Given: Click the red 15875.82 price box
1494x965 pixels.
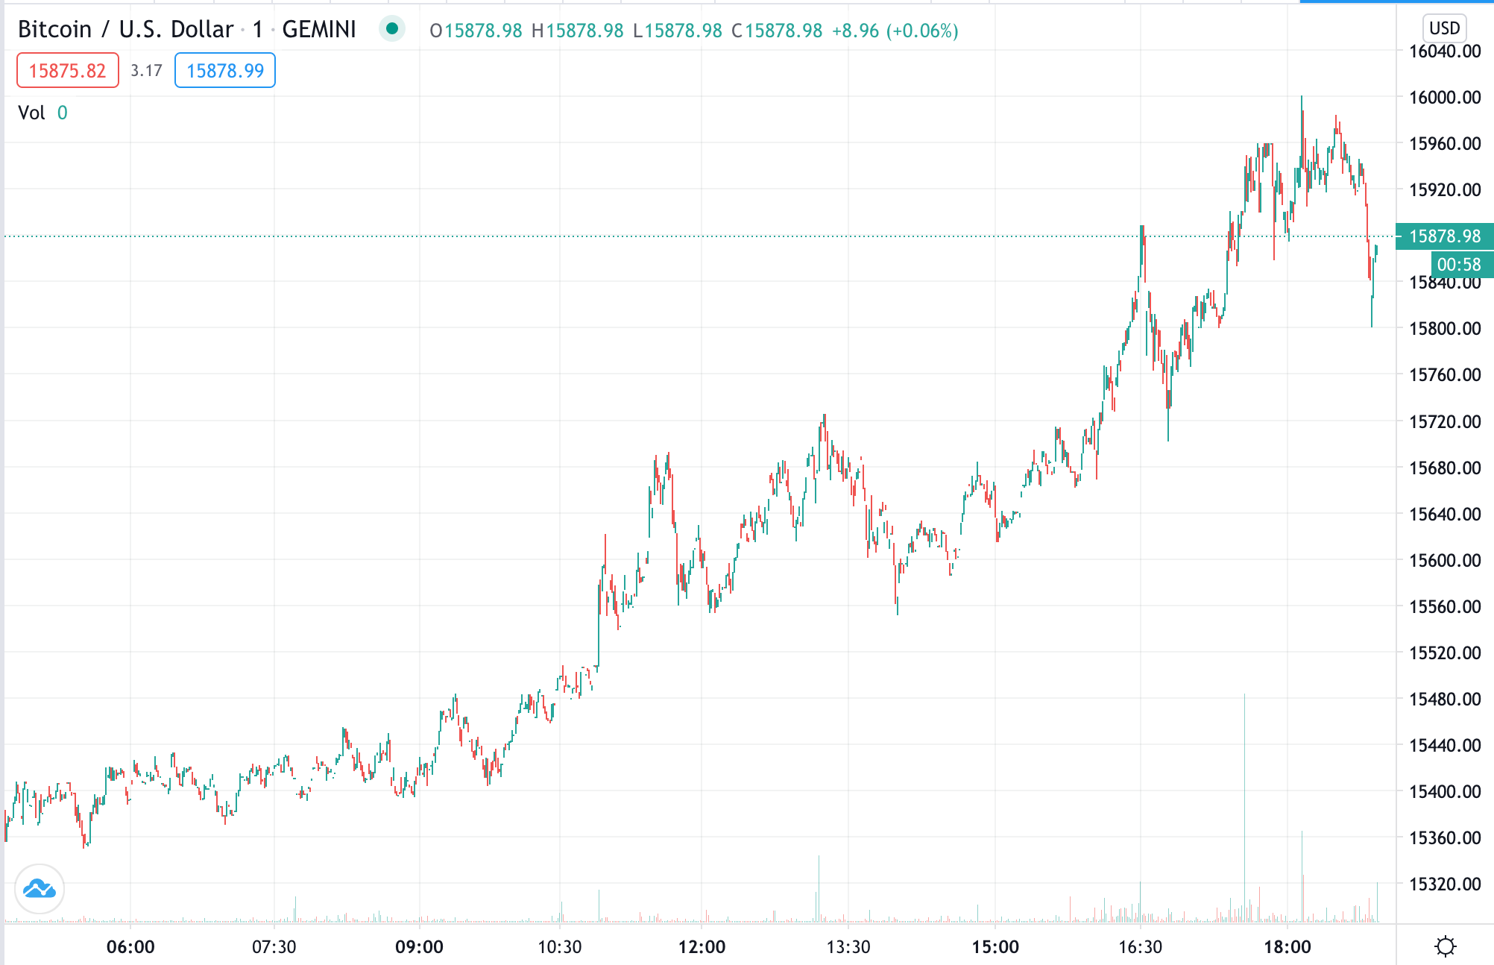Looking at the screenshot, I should pyautogui.click(x=67, y=71).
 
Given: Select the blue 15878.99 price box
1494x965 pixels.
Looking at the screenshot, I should pyautogui.click(x=224, y=71).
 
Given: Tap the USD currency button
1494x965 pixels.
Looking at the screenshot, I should pyautogui.click(x=1444, y=28).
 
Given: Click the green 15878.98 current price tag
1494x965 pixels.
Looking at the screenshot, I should pyautogui.click(x=1444, y=236).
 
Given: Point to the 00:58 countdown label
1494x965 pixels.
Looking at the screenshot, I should pyautogui.click(x=1459, y=265).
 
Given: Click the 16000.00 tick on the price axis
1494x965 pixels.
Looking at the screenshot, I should pyautogui.click(x=1444, y=97).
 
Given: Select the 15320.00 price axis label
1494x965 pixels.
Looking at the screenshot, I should pyautogui.click(x=1444, y=884).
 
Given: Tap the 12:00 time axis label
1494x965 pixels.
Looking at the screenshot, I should pyautogui.click(x=702, y=947).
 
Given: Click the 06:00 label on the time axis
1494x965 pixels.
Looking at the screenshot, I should pyautogui.click(x=130, y=947).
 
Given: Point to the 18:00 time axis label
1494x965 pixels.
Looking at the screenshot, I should pyautogui.click(x=1287, y=947).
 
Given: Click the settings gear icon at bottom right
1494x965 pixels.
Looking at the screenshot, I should pyautogui.click(x=1445, y=947).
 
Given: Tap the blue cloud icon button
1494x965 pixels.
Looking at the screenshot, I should pyautogui.click(x=39, y=889).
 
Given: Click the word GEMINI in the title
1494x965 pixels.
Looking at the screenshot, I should pyautogui.click(x=319, y=30).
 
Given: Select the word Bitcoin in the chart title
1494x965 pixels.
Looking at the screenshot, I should pyautogui.click(x=54, y=30).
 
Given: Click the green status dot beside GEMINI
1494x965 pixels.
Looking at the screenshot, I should pyautogui.click(x=391, y=29).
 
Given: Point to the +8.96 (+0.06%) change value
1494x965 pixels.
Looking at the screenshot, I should pyautogui.click(x=895, y=31).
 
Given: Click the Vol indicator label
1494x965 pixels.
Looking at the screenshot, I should pyautogui.click(x=32, y=113).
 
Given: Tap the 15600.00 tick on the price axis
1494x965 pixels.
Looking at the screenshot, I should pyautogui.click(x=1444, y=560).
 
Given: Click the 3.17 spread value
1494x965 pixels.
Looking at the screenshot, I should pyautogui.click(x=146, y=71).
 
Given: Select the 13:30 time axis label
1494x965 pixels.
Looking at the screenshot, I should pyautogui.click(x=848, y=947).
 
